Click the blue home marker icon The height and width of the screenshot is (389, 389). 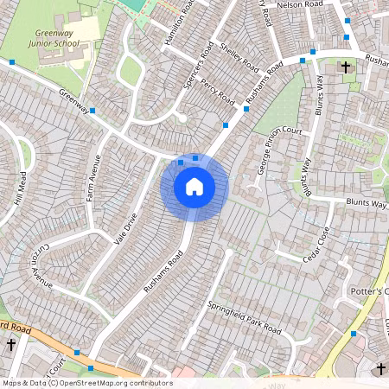pyautogui.click(x=194, y=186)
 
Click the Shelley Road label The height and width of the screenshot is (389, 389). pyautogui.click(x=239, y=57)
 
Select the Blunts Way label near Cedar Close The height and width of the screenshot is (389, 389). pyautogui.click(x=367, y=203)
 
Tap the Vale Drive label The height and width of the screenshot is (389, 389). pyautogui.click(x=124, y=228)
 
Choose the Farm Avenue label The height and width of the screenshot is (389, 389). pyautogui.click(x=94, y=177)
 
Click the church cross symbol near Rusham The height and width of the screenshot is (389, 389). pyautogui.click(x=346, y=67)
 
